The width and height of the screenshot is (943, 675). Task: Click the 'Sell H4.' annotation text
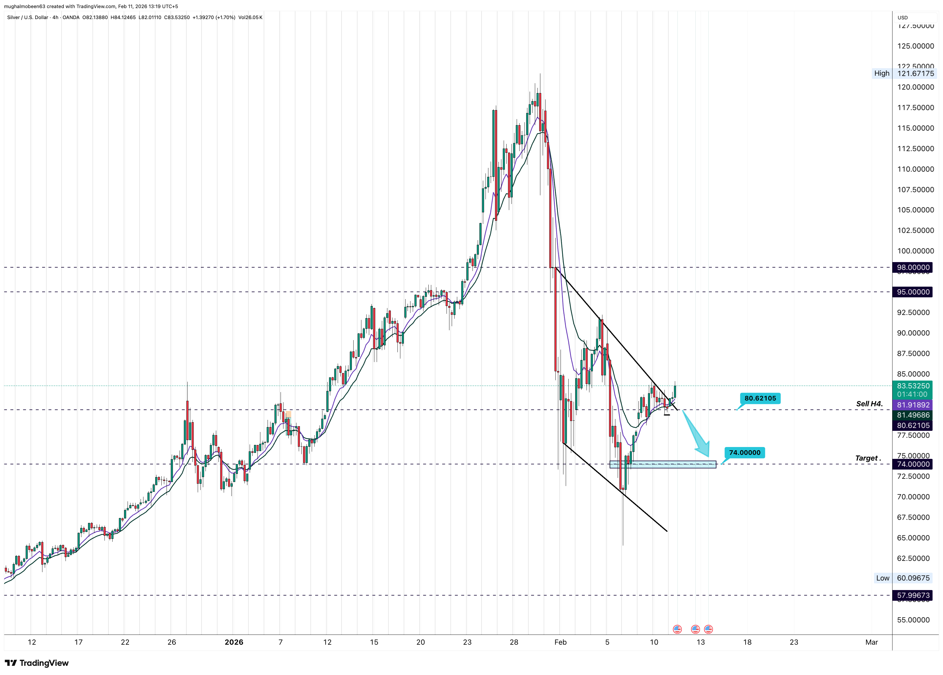pyautogui.click(x=869, y=404)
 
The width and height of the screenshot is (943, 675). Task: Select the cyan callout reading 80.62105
pyautogui.click(x=760, y=398)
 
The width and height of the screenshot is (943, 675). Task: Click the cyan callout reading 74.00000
pyautogui.click(x=744, y=453)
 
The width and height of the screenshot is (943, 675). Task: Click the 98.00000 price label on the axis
pyautogui.click(x=913, y=267)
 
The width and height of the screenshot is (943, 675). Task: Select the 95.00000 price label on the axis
pyautogui.click(x=913, y=292)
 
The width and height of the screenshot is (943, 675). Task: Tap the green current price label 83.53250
pyautogui.click(x=913, y=386)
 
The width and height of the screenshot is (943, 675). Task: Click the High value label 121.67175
pyautogui.click(x=916, y=74)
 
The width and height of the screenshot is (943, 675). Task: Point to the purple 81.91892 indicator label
pyautogui.click(x=913, y=405)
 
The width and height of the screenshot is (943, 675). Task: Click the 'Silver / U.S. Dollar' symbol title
pyautogui.click(x=27, y=17)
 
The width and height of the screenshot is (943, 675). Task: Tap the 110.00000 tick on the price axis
pyautogui.click(x=915, y=169)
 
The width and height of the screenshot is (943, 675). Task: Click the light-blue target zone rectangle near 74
pyautogui.click(x=662, y=464)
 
